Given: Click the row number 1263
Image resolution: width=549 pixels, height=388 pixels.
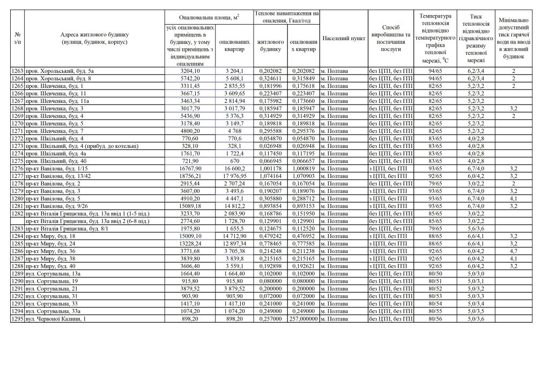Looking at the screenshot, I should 17,71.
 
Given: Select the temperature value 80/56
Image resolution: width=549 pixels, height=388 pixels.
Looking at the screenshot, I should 435,319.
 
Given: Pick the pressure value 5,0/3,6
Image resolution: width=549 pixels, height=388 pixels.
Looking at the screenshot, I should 476,319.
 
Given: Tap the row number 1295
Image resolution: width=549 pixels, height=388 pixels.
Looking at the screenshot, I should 17,319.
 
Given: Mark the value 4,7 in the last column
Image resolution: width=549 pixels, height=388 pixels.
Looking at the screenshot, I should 513,250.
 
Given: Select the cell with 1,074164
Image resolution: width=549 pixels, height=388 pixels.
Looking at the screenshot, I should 270,175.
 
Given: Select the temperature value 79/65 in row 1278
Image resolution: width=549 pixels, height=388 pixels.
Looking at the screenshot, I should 435,183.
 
